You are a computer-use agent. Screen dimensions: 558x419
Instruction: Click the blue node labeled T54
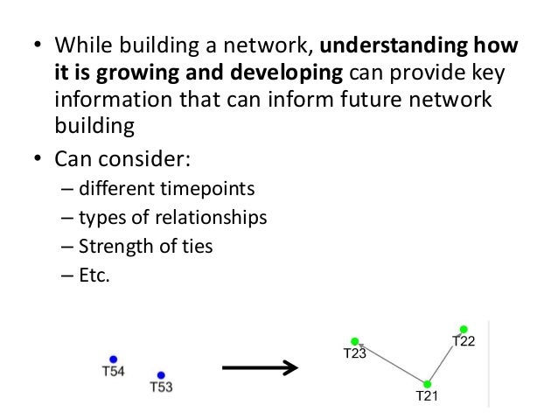[x=113, y=359]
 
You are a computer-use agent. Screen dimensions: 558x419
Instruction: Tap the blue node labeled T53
[x=159, y=374]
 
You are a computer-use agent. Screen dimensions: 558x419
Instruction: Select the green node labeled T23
[x=355, y=341]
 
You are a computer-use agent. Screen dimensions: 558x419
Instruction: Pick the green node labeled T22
[x=464, y=330]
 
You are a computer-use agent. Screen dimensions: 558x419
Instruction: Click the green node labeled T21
[x=427, y=384]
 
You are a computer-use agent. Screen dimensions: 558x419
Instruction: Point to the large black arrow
[x=261, y=368]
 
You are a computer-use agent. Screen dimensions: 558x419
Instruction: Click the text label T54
[x=113, y=372]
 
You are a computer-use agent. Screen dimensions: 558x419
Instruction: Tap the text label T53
[x=161, y=388]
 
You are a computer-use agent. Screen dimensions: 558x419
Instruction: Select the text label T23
[x=354, y=354]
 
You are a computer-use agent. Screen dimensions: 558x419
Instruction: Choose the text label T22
[x=464, y=341]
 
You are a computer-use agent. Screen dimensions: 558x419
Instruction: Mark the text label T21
[x=426, y=397]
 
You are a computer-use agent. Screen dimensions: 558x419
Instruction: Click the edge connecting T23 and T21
[x=391, y=363]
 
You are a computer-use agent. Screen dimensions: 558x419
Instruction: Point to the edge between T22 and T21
[x=444, y=358]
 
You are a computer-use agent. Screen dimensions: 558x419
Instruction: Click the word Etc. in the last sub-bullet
[x=94, y=275]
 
